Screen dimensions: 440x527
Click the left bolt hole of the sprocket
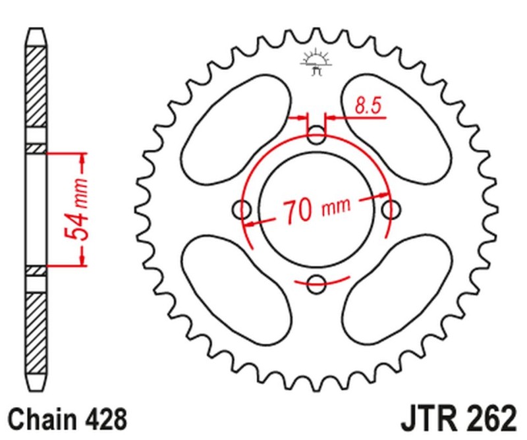244,211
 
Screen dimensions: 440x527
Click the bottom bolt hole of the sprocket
318,285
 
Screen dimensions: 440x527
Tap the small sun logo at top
314,61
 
